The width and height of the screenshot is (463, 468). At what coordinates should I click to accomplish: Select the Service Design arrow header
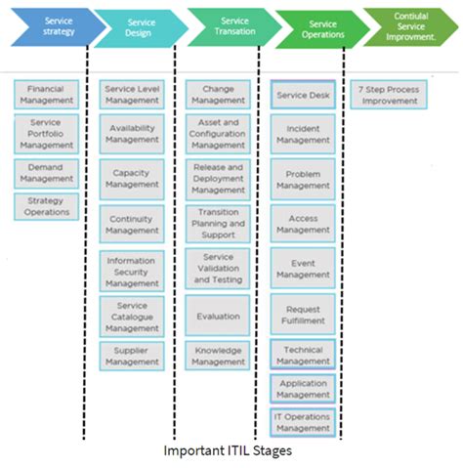click(x=140, y=28)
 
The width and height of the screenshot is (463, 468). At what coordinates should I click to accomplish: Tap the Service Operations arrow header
click(x=319, y=29)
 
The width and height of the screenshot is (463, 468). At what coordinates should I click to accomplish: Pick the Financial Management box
click(x=46, y=95)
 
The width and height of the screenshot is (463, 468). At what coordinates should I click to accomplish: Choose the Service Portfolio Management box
click(x=46, y=135)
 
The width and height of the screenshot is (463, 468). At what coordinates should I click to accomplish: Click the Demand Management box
click(x=46, y=174)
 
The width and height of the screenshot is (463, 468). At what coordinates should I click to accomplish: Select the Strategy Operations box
click(x=46, y=206)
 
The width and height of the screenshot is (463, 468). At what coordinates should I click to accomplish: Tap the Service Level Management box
click(x=132, y=95)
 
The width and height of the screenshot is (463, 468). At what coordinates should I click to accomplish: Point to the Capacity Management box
click(x=132, y=177)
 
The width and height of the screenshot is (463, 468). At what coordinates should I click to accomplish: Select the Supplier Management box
click(x=132, y=355)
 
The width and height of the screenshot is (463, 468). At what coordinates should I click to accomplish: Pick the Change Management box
click(x=218, y=95)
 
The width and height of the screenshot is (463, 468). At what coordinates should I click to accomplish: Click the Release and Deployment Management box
click(x=218, y=179)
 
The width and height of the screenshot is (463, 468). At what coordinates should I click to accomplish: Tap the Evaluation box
click(x=218, y=317)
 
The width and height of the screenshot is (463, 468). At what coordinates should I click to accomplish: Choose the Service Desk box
click(x=303, y=96)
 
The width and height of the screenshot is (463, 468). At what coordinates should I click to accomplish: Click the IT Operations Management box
click(x=303, y=422)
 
